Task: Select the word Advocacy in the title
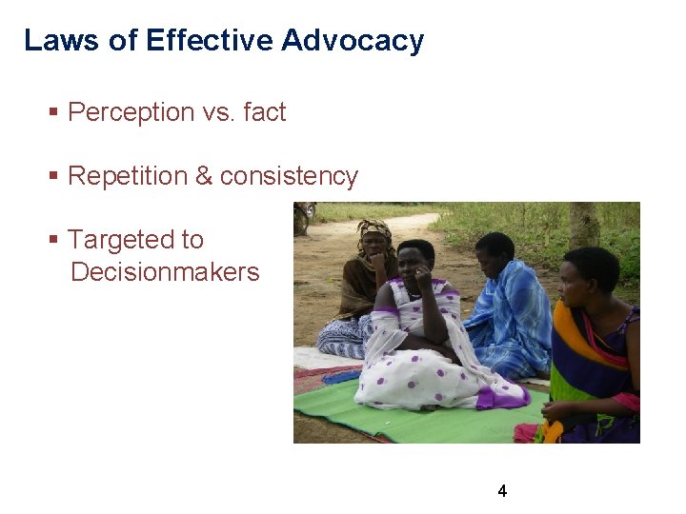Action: (x=353, y=41)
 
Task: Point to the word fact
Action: (x=264, y=112)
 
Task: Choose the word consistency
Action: (x=289, y=176)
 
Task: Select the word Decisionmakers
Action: (x=165, y=272)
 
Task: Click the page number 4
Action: (x=502, y=491)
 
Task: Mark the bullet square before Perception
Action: (x=54, y=113)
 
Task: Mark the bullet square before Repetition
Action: (x=54, y=177)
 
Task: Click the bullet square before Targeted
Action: (x=54, y=241)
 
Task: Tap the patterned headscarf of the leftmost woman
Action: (x=374, y=229)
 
